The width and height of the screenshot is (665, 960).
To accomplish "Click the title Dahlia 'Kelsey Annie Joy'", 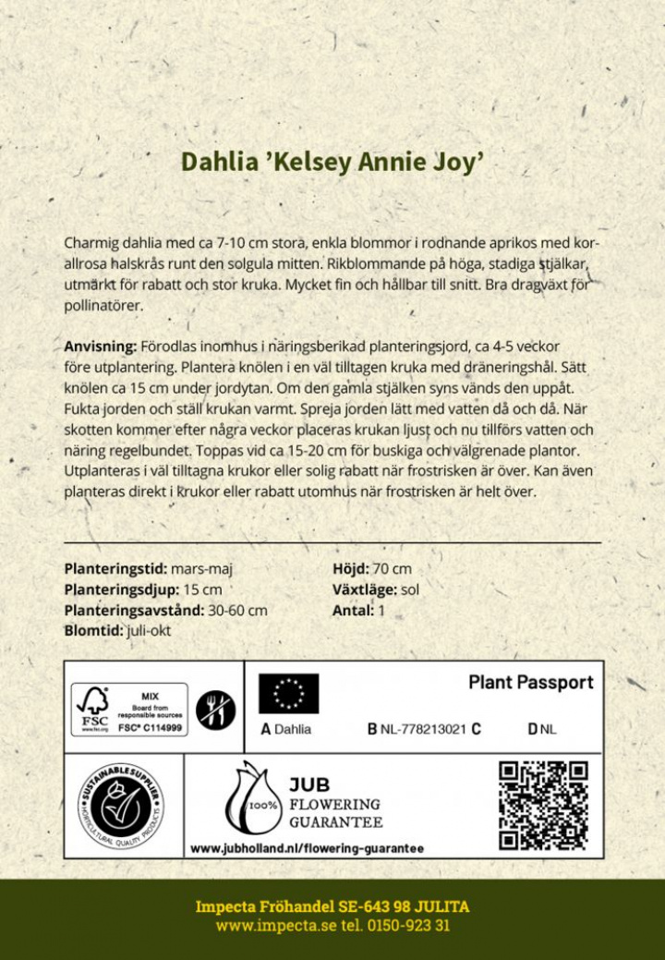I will click(332, 163).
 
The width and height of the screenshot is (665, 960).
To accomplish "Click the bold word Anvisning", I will click(100, 346).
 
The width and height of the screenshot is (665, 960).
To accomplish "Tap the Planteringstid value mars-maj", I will click(213, 569).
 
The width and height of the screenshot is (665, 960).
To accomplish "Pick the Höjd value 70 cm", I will click(393, 569).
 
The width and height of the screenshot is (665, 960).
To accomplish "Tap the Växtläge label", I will click(365, 589).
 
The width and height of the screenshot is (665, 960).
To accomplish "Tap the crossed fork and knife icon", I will click(216, 709).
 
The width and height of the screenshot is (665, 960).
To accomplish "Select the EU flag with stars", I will click(288, 693).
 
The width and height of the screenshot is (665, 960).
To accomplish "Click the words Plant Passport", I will click(530, 683).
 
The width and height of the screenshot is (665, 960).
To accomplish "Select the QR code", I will click(543, 805).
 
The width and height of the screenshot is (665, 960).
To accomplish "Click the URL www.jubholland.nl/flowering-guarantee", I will click(307, 847).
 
